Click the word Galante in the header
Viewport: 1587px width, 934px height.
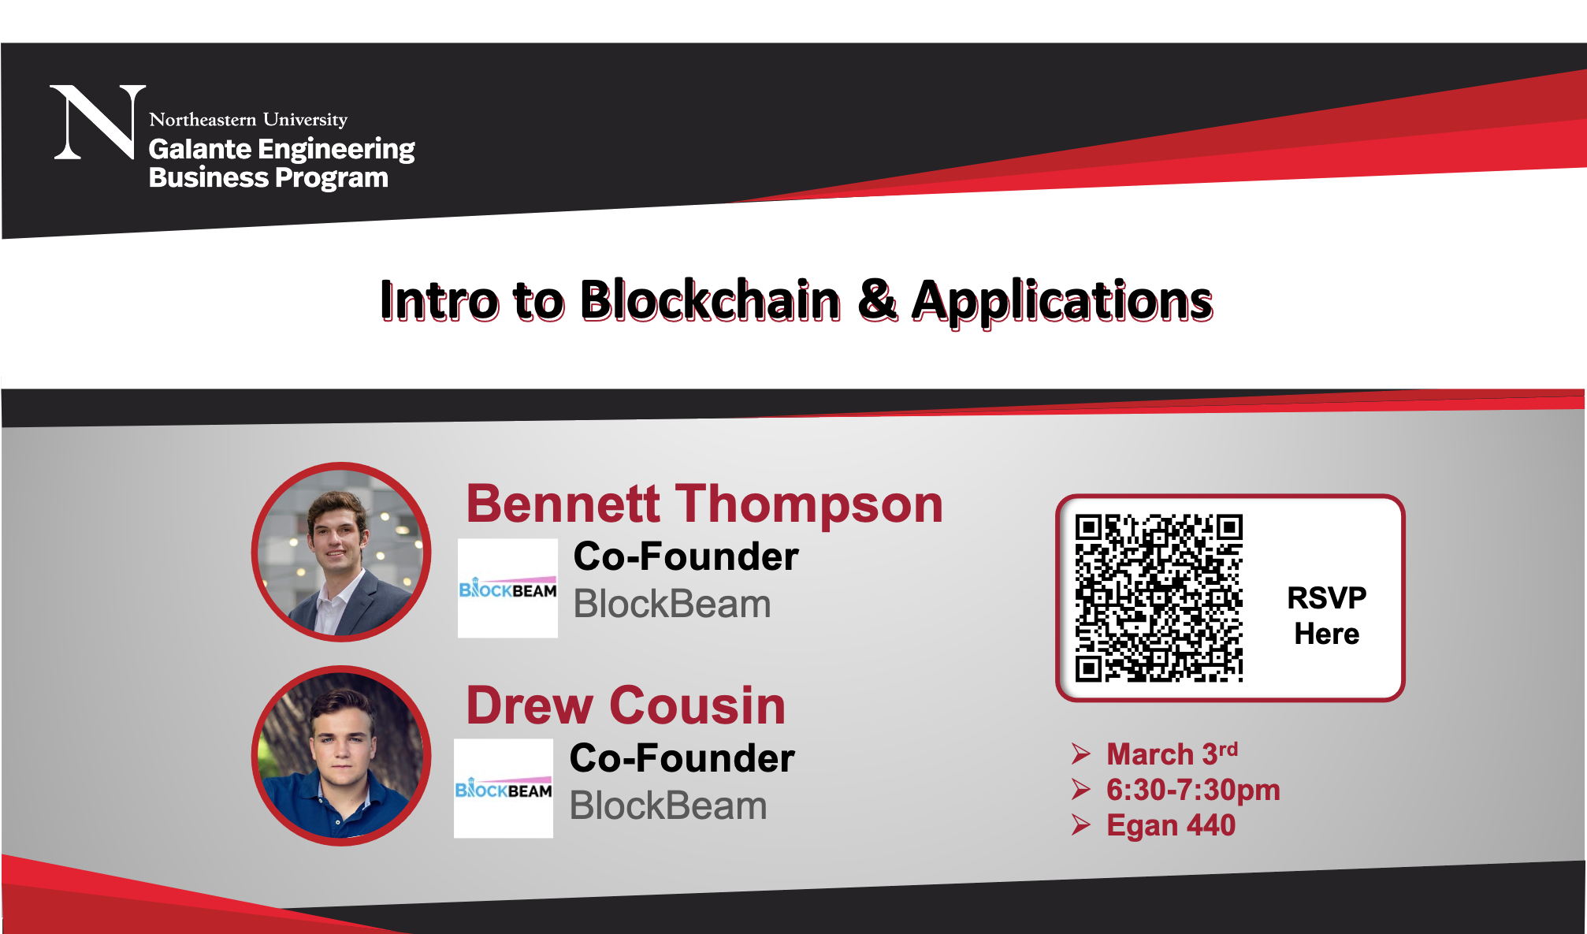200,148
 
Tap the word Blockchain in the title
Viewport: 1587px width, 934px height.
711,300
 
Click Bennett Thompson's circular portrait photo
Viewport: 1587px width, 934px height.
341,552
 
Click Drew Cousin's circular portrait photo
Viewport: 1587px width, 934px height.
341,756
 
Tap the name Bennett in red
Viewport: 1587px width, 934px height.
563,504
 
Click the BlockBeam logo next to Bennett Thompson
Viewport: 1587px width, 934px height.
507,588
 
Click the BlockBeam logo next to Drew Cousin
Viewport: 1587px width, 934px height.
504,788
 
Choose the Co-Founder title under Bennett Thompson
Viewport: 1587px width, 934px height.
686,556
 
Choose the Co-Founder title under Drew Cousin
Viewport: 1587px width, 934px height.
682,758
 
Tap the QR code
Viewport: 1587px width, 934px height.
1159,598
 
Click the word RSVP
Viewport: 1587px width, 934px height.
1327,597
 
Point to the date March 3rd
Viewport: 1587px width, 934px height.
1173,754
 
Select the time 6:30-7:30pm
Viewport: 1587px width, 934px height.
1193,790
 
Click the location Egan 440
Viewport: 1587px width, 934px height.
1171,825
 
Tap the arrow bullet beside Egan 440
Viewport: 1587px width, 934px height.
1081,825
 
